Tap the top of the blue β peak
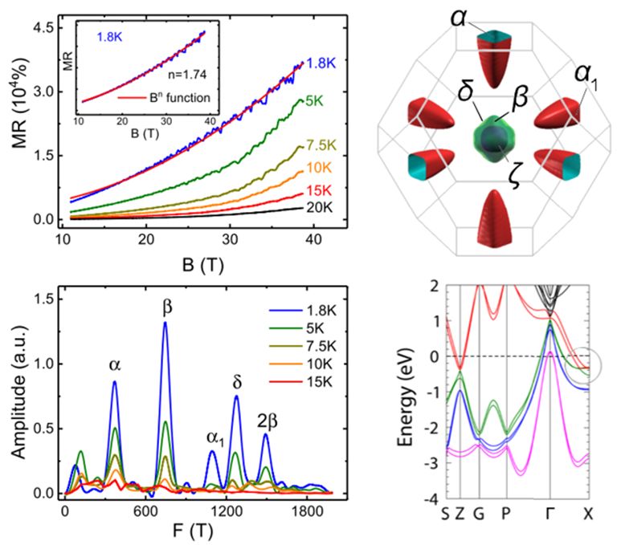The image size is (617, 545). (165, 323)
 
